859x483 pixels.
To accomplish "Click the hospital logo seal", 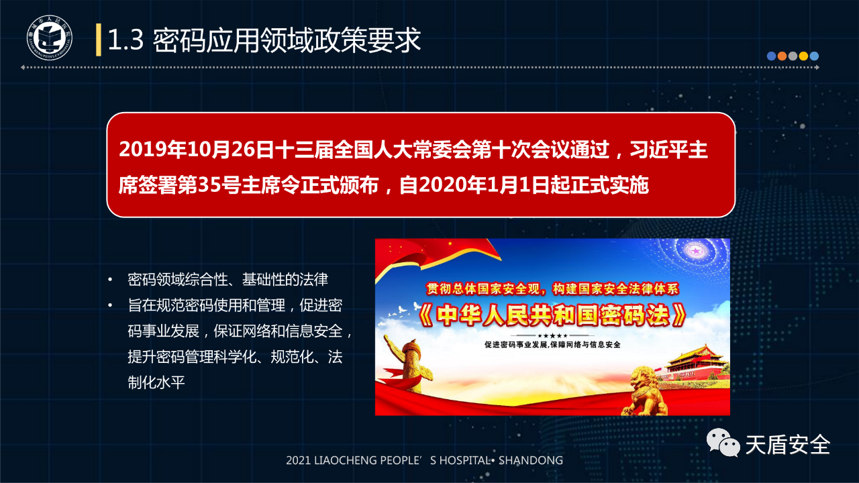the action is [x=50, y=38].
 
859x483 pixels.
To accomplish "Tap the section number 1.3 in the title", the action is [x=125, y=40].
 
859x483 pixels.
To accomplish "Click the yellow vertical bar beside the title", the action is [x=99, y=40].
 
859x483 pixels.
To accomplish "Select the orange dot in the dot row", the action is [x=782, y=56].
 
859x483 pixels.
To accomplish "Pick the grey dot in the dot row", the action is [x=793, y=56].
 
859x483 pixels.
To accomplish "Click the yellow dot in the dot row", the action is [x=803, y=56].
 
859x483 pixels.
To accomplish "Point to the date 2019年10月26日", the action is [x=196, y=149].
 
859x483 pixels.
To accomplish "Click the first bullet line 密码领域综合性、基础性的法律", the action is [x=228, y=280].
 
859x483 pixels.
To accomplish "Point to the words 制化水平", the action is [x=156, y=382].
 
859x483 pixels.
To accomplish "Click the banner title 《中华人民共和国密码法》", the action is [x=552, y=315].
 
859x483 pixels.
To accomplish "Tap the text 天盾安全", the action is [x=788, y=444].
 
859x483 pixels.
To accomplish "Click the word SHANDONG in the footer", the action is [x=531, y=460].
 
